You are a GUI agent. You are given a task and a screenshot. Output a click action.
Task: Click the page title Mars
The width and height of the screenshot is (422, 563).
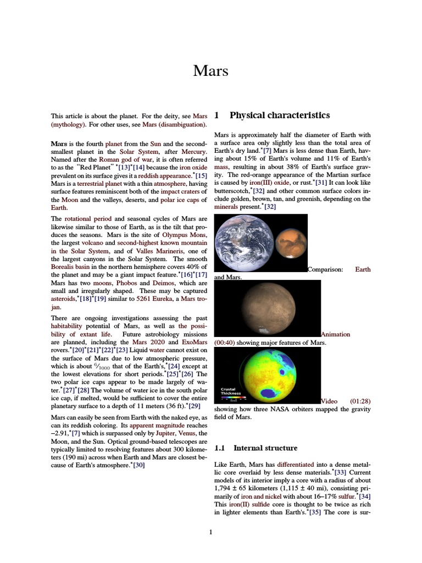(x=210, y=71)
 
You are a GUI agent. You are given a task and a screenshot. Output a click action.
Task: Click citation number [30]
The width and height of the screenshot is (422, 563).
(x=138, y=465)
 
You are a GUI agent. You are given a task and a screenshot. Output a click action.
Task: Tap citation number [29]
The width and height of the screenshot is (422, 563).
(x=194, y=406)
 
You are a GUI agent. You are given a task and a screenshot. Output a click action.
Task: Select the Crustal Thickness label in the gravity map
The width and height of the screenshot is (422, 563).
(x=231, y=391)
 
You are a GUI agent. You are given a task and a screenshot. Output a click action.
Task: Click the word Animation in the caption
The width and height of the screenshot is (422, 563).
(x=336, y=334)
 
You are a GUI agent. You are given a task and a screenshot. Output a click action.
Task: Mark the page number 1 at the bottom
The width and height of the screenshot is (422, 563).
(x=210, y=532)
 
